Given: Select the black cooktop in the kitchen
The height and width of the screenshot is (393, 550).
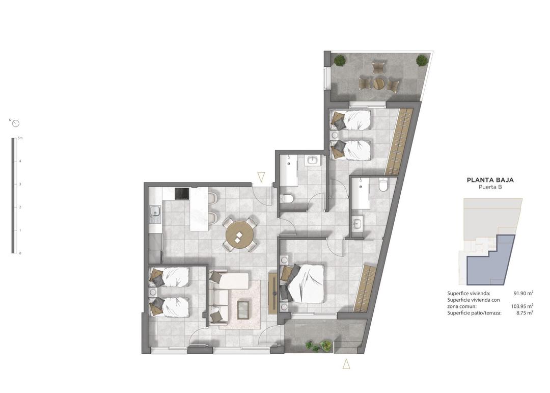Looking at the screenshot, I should pyautogui.click(x=182, y=194).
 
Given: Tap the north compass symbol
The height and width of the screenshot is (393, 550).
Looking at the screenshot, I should pyautogui.click(x=16, y=123).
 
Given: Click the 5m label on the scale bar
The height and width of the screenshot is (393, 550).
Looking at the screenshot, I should pyautogui.click(x=20, y=138).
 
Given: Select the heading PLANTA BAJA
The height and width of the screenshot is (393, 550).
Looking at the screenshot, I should pyautogui.click(x=490, y=180).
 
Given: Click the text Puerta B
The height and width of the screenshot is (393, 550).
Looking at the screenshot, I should pyautogui.click(x=490, y=188).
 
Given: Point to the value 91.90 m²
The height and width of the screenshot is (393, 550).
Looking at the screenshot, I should pyautogui.click(x=523, y=293).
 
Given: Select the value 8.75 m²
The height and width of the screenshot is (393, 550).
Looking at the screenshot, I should pyautogui.click(x=525, y=313).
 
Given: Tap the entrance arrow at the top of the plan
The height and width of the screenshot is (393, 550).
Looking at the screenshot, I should pyautogui.click(x=261, y=177).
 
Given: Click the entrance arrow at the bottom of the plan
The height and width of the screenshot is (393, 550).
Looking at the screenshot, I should pyautogui.click(x=346, y=363).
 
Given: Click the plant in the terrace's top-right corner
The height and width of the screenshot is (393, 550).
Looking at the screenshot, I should pyautogui.click(x=422, y=60).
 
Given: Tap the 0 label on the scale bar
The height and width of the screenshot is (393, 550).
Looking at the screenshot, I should pyautogui.click(x=20, y=253).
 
